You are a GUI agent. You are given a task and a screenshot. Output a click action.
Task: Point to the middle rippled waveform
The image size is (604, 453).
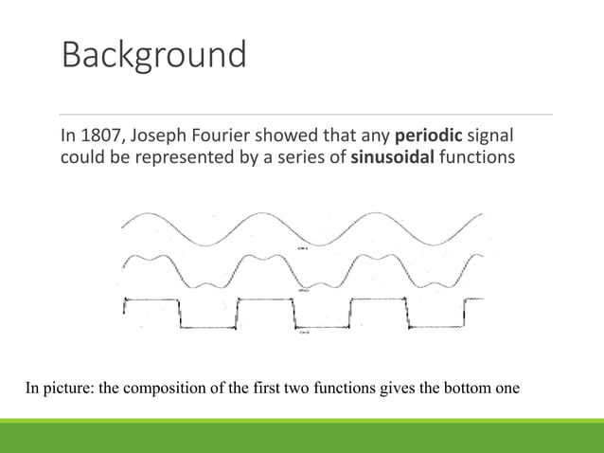303,271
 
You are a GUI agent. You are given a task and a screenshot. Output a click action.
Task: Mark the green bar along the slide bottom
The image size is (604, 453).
302,435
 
